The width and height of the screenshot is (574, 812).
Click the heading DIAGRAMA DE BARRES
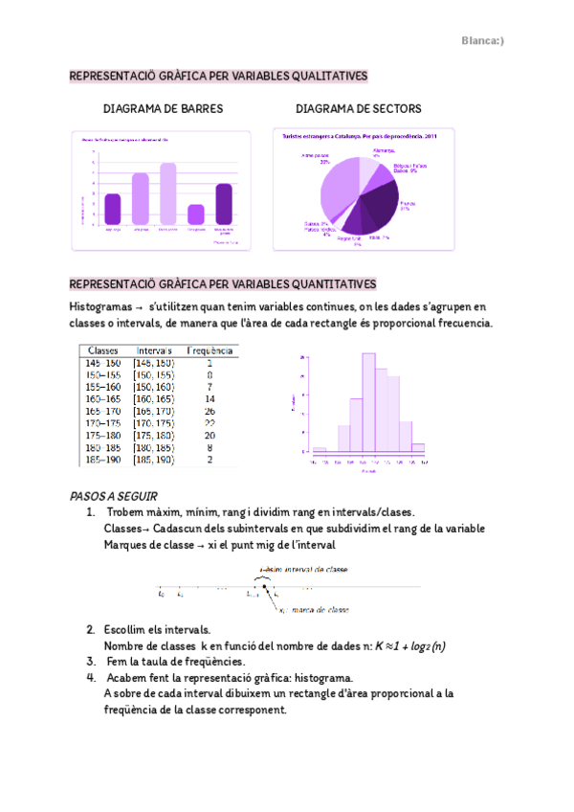163,109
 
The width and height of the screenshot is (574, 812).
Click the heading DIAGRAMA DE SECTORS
359,109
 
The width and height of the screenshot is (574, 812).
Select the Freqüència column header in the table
210,351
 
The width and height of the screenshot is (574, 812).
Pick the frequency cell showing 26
210,411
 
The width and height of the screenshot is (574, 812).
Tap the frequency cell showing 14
210,398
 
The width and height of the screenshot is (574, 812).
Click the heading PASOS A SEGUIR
106,496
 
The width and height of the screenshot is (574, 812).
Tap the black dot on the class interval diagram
265,586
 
